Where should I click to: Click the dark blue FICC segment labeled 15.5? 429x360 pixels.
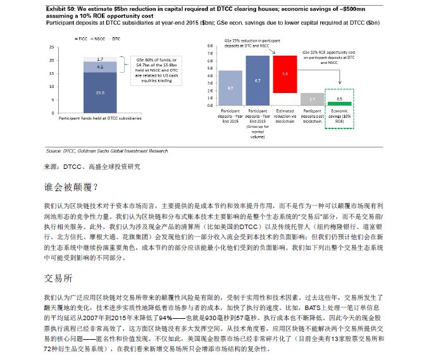click(x=100, y=92)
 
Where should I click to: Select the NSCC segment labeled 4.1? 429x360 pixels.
click(x=100, y=66)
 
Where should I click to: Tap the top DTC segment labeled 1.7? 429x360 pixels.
click(x=100, y=59)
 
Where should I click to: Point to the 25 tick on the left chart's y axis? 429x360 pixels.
click(x=52, y=48)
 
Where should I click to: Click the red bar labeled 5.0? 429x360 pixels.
click(x=285, y=74)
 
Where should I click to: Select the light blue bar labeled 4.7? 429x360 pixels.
click(x=230, y=87)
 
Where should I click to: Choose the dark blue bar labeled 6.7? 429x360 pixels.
click(x=258, y=80)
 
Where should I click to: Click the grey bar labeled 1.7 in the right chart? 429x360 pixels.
click(x=312, y=99)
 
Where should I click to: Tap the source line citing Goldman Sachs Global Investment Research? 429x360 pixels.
click(x=107, y=151)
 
